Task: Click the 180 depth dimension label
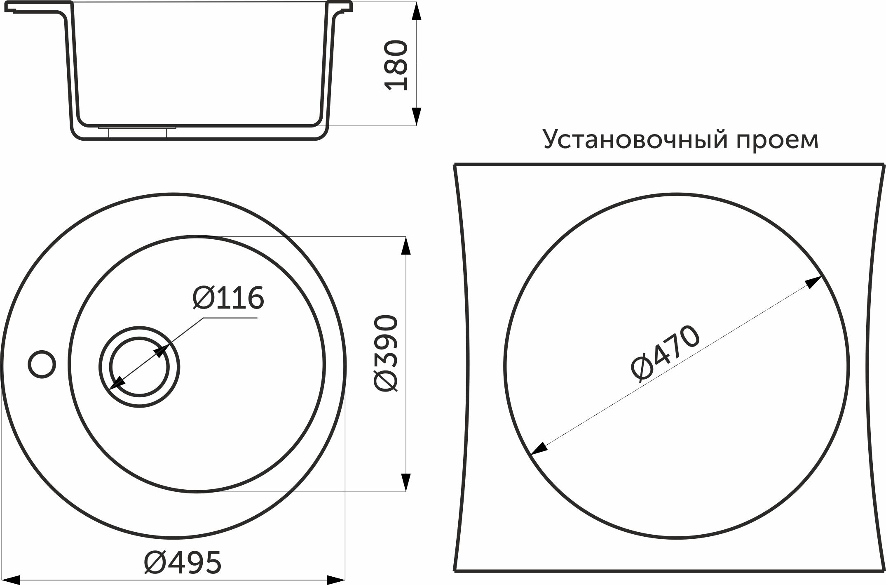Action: (396, 65)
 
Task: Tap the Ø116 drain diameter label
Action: (228, 298)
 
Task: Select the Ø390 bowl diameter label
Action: (386, 353)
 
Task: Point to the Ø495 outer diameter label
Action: (183, 562)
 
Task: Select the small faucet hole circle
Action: (42, 364)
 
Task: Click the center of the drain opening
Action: (139, 367)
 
